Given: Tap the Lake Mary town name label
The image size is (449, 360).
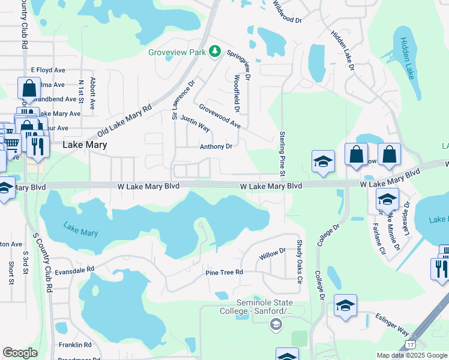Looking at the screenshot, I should (x=85, y=145).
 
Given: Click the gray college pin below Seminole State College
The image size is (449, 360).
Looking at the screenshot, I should (x=276, y=325).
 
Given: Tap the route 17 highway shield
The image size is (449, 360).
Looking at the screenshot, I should (x=411, y=344).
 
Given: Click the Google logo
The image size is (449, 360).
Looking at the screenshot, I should (x=20, y=353).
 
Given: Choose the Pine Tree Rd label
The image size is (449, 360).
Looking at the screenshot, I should (x=224, y=272).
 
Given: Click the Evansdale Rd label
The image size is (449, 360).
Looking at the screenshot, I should (x=75, y=270).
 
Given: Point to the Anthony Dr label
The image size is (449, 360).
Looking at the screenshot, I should (x=215, y=146).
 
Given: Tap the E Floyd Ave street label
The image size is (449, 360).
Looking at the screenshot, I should (x=47, y=70).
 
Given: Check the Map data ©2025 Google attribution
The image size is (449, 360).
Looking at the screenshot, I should (x=412, y=355).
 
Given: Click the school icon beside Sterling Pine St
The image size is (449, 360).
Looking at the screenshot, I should (x=323, y=162).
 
